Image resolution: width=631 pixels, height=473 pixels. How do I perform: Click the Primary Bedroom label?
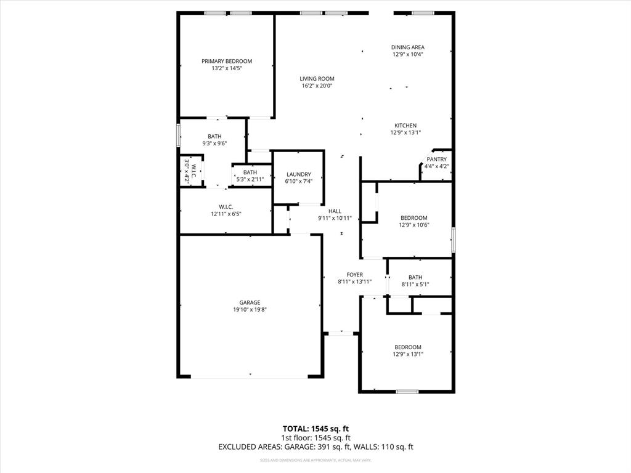point(227,61)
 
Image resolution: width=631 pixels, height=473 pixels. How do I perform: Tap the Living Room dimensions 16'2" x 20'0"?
point(317,86)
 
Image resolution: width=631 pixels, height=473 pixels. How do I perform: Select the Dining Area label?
point(407,47)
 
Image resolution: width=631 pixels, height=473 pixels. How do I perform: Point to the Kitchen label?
point(405,126)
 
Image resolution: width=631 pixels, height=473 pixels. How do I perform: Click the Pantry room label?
point(436,159)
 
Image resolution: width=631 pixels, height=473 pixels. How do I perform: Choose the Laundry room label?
point(298,174)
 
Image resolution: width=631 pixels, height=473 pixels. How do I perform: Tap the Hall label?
point(335,211)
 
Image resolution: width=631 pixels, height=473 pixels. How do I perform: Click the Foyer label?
point(354,275)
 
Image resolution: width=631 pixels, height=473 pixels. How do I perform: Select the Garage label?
point(250,302)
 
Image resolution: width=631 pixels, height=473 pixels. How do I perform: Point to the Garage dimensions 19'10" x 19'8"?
point(250,310)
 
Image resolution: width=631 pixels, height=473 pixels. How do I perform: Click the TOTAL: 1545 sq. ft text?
point(315,428)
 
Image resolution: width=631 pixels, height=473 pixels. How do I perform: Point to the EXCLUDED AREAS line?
point(315,447)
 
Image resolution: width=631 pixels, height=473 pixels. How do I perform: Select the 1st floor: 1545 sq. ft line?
point(315,438)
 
